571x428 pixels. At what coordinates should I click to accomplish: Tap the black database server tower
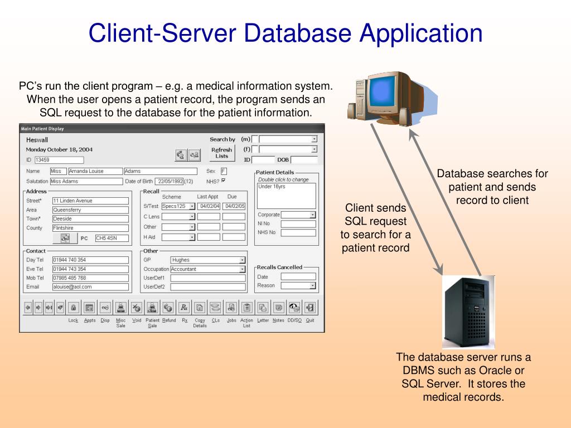(x=468, y=312)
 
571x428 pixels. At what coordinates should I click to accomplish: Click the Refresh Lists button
(x=222, y=152)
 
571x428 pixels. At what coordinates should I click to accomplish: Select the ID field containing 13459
(x=51, y=160)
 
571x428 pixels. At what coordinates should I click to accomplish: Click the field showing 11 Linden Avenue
(x=90, y=201)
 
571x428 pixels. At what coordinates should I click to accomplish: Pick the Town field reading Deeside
(x=90, y=219)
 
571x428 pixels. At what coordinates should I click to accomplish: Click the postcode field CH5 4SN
(x=112, y=238)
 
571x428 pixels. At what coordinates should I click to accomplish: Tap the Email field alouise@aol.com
(x=90, y=287)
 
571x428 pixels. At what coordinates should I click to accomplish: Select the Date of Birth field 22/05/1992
(x=170, y=181)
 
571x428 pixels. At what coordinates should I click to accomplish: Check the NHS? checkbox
(x=224, y=181)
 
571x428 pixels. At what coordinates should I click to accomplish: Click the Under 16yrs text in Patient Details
(x=272, y=187)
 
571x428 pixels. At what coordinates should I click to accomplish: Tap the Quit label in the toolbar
(x=310, y=320)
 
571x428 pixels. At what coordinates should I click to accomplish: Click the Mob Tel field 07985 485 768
(x=90, y=278)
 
